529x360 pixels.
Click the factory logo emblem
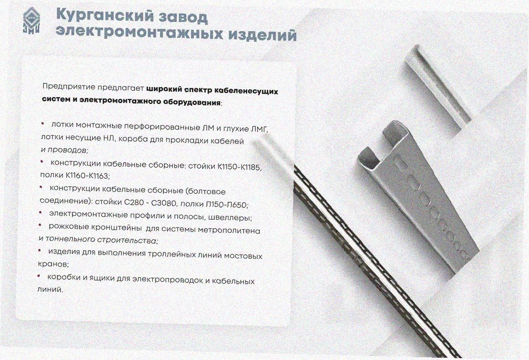click(x=31, y=21)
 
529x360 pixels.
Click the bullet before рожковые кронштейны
click(x=40, y=225)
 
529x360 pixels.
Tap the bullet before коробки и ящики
click(x=38, y=276)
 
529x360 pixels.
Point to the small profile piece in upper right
click(x=438, y=87)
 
